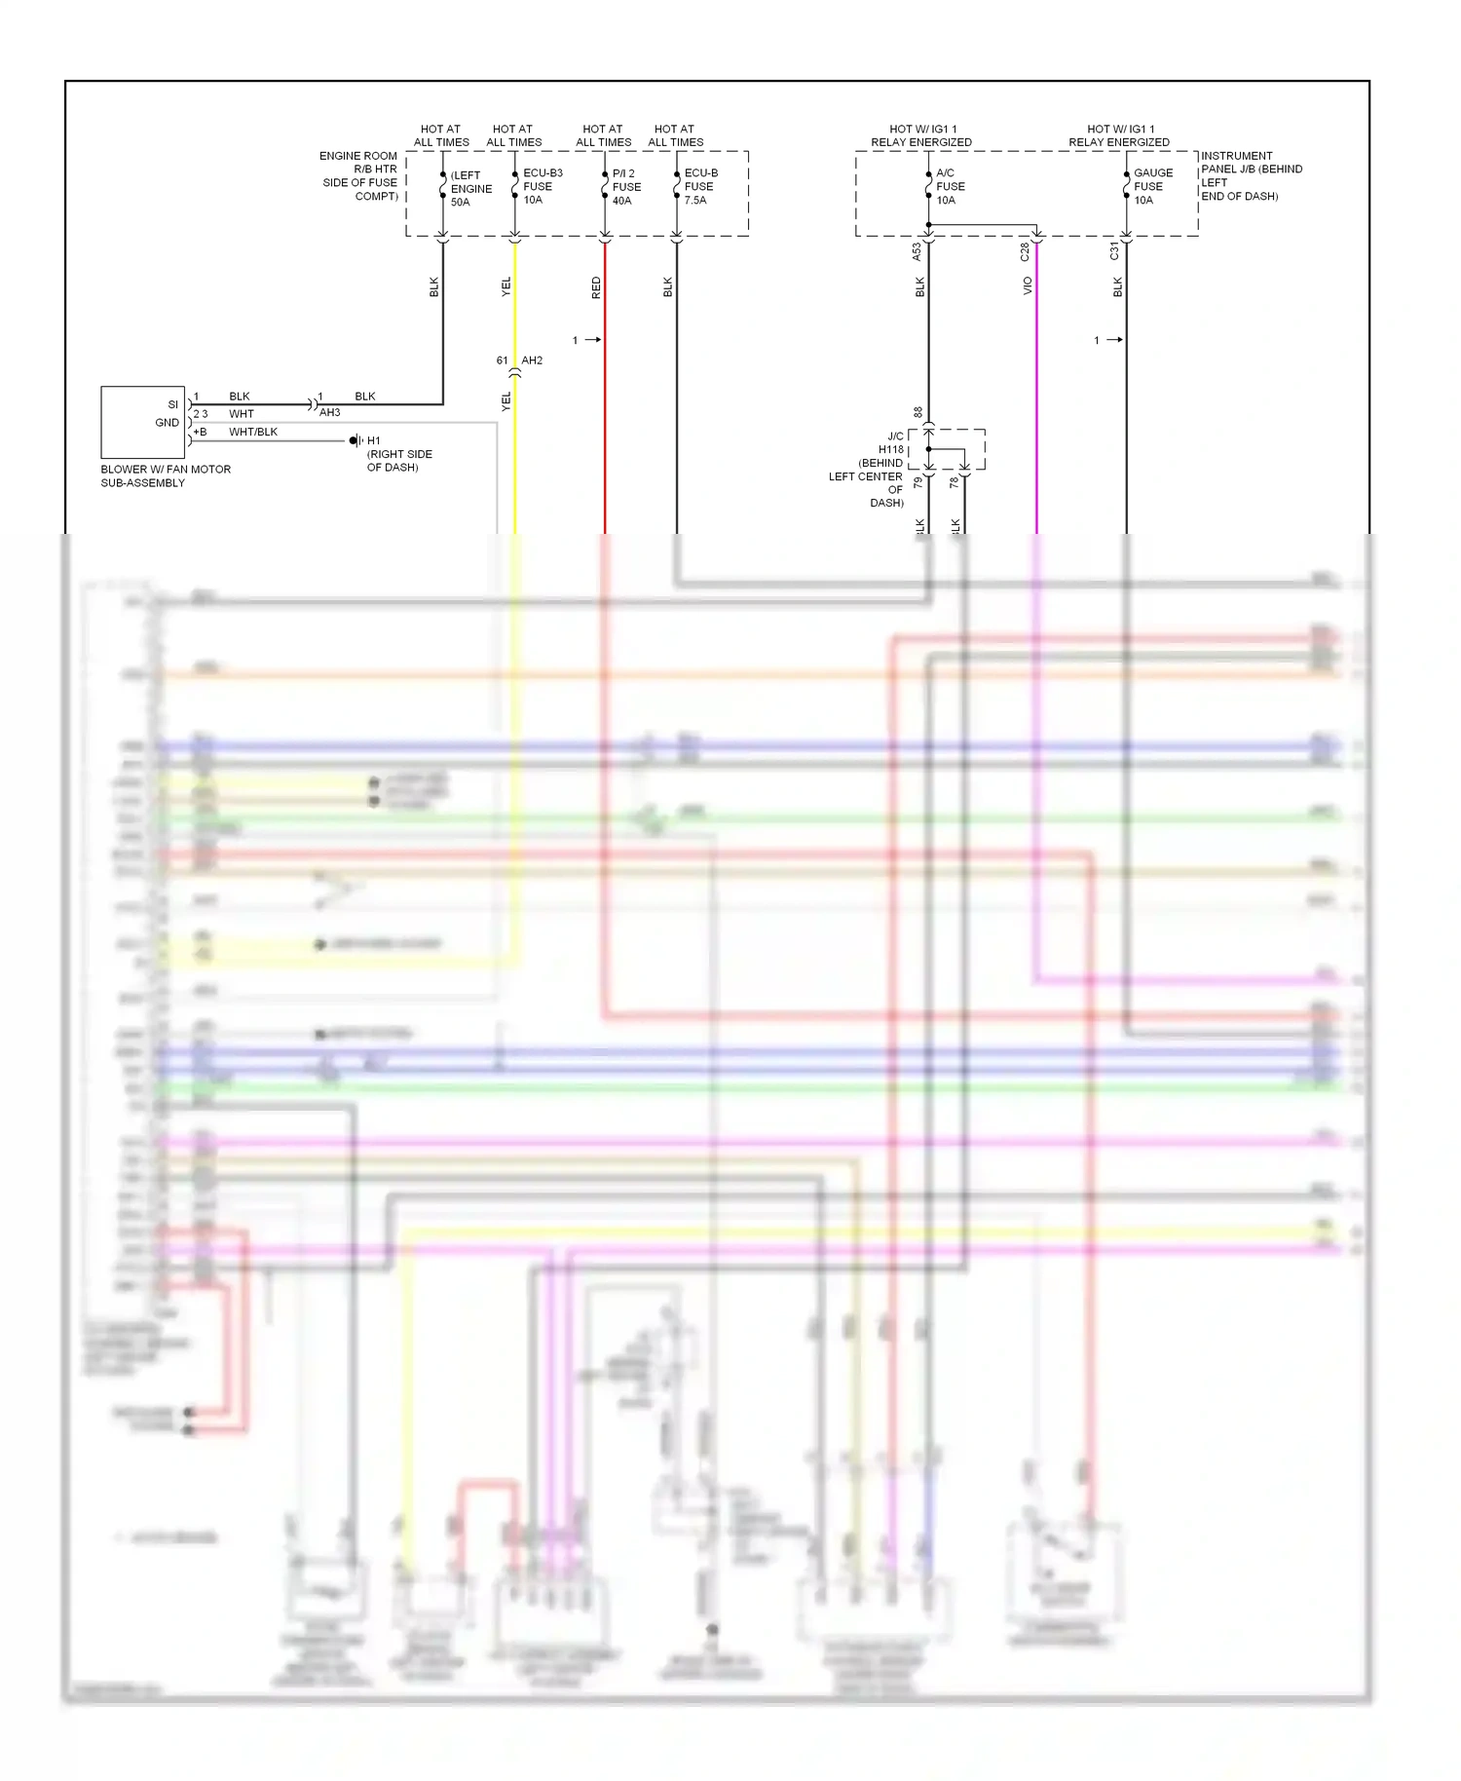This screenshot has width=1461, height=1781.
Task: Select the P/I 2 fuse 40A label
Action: point(625,187)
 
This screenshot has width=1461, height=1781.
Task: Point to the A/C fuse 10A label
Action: point(949,186)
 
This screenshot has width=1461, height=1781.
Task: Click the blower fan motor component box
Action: point(142,422)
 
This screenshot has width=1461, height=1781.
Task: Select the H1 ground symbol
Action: point(356,441)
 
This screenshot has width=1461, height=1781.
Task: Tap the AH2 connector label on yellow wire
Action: point(532,360)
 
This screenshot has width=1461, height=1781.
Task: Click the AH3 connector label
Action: point(329,413)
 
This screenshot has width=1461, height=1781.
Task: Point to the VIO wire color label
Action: point(1028,286)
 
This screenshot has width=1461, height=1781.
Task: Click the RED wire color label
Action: point(596,287)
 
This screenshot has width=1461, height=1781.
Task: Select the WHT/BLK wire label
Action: point(253,432)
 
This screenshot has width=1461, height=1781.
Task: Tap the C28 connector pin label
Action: point(1025,252)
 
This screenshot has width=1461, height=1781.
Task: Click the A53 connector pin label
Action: point(917,252)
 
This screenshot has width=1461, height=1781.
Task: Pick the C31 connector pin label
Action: point(1114,252)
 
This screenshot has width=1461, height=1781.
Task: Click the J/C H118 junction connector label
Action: point(890,443)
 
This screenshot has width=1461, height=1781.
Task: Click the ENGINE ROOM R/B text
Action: point(359,163)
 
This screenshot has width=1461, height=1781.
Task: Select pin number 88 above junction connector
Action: point(918,412)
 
